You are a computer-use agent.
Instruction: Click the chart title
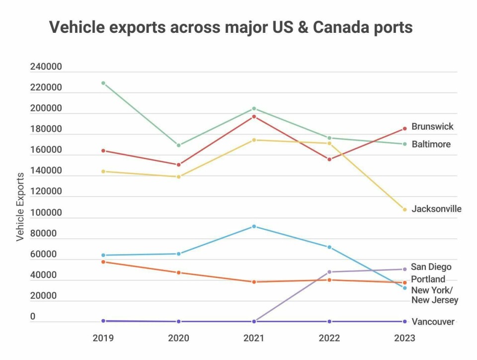coord(231,27)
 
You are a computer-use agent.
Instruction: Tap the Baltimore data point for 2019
coord(103,83)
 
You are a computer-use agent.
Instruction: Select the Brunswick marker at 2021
coord(254,117)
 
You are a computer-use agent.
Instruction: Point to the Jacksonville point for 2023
coord(404,209)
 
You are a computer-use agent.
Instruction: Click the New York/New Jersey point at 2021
coord(254,226)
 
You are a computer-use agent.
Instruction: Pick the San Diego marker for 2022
coord(329,272)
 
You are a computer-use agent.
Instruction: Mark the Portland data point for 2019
coord(103,262)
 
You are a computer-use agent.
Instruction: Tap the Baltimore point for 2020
coord(178,145)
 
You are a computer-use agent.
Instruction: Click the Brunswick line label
coord(432,126)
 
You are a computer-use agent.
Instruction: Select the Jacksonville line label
coord(436,209)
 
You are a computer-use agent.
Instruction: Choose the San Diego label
coord(431,267)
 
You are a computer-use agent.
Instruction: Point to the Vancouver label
coord(433,322)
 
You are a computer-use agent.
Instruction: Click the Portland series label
coord(428,279)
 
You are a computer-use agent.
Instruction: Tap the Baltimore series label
coord(431,144)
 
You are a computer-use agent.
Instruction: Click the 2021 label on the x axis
coord(254,338)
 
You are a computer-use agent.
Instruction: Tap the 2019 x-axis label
coord(103,338)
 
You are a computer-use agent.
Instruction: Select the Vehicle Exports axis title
coord(20,207)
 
